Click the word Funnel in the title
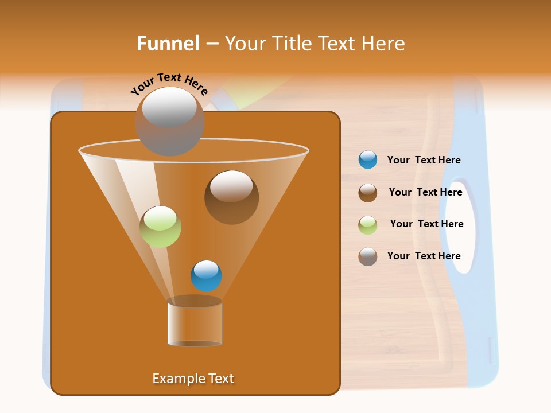(x=168, y=44)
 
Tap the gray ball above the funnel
(x=169, y=121)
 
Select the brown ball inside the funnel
(x=231, y=197)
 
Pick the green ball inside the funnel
(x=161, y=227)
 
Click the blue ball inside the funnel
(x=206, y=275)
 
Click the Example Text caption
(x=193, y=379)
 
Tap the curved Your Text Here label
(x=169, y=84)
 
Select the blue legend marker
(x=368, y=160)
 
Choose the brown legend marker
(x=368, y=193)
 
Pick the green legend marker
(x=368, y=224)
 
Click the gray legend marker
(x=368, y=256)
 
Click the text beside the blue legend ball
(x=424, y=161)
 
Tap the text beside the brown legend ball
(x=425, y=193)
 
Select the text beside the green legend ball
(x=426, y=224)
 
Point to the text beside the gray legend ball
(x=424, y=256)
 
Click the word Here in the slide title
(x=385, y=44)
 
